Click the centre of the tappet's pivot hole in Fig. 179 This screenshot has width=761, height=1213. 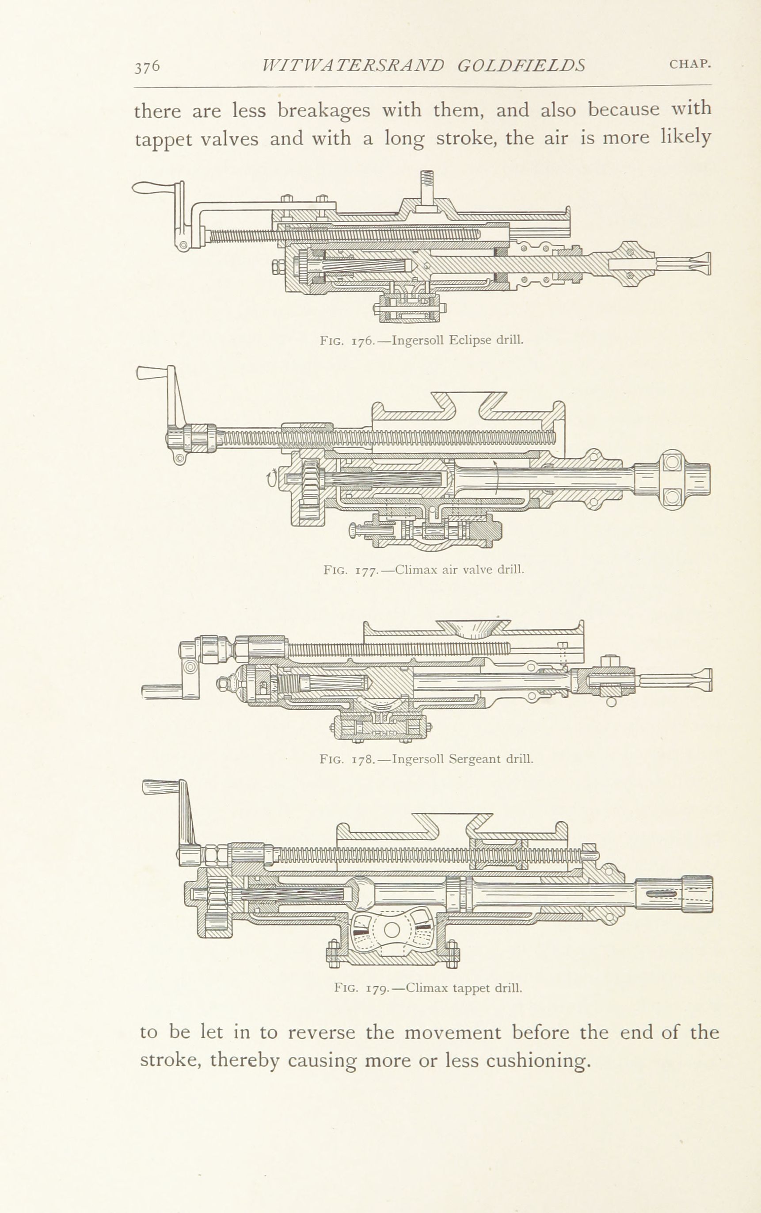click(x=392, y=930)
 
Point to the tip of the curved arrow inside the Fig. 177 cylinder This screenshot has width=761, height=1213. click(x=494, y=460)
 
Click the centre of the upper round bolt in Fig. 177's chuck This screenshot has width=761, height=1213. click(x=673, y=462)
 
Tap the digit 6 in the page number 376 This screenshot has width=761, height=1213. click(x=155, y=66)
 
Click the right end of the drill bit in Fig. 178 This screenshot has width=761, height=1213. click(x=712, y=680)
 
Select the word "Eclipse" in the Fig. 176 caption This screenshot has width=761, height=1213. click(x=470, y=340)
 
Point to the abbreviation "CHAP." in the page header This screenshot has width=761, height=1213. click(x=690, y=65)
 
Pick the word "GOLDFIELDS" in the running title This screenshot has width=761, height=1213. click(x=521, y=65)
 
